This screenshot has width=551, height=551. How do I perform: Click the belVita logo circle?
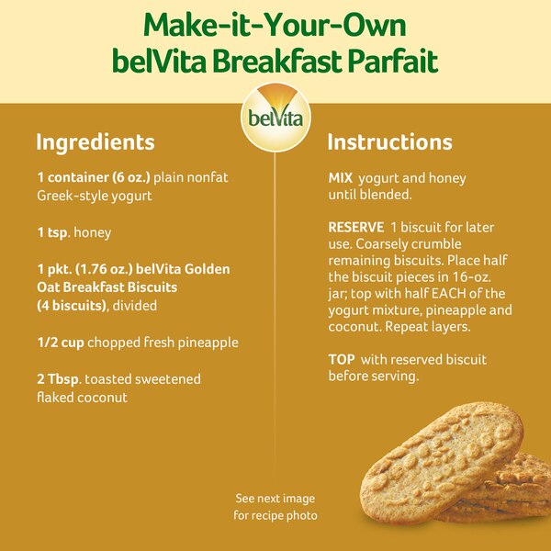click(x=275, y=117)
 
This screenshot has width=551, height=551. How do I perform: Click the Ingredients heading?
click(x=95, y=142)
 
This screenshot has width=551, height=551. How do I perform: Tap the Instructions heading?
click(x=389, y=142)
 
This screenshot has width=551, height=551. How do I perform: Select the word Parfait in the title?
click(x=392, y=61)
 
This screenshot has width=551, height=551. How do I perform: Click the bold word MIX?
click(x=342, y=178)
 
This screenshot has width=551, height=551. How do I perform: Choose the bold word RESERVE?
click(x=355, y=226)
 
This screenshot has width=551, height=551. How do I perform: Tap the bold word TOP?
click(x=341, y=359)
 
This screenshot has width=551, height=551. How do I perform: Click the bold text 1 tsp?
click(x=52, y=232)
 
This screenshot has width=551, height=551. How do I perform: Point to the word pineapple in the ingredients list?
click(x=208, y=343)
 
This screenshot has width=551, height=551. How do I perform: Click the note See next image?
click(x=275, y=499)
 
